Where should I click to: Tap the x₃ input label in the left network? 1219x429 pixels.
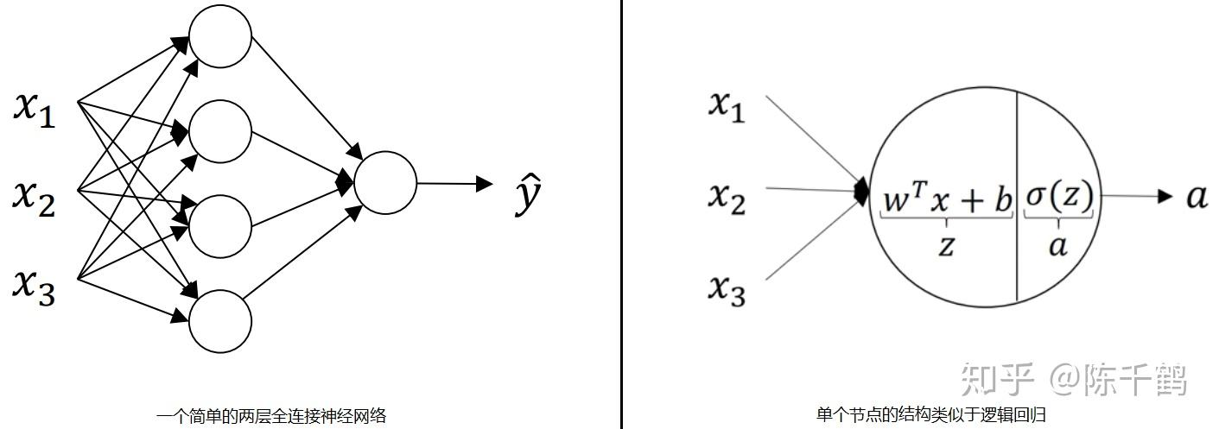pos(35,285)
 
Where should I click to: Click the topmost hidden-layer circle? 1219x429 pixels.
pos(219,36)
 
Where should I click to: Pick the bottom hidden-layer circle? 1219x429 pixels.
pos(219,321)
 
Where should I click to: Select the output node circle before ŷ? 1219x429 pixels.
pos(385,183)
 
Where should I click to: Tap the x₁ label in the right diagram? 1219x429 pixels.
pos(727,106)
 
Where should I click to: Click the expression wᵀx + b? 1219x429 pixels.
pos(947,199)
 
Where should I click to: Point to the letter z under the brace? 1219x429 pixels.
pos(947,247)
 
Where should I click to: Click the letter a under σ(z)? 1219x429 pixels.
pos(1058,247)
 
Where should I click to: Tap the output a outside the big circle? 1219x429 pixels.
pos(1196,198)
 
